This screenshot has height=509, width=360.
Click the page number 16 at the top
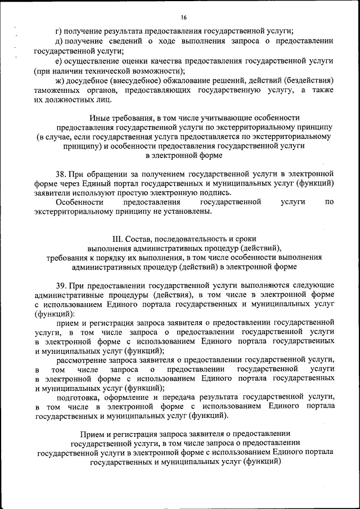tap(183, 17)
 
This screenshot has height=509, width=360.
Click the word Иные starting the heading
tap(100, 118)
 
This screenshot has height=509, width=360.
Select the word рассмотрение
tap(82, 359)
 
